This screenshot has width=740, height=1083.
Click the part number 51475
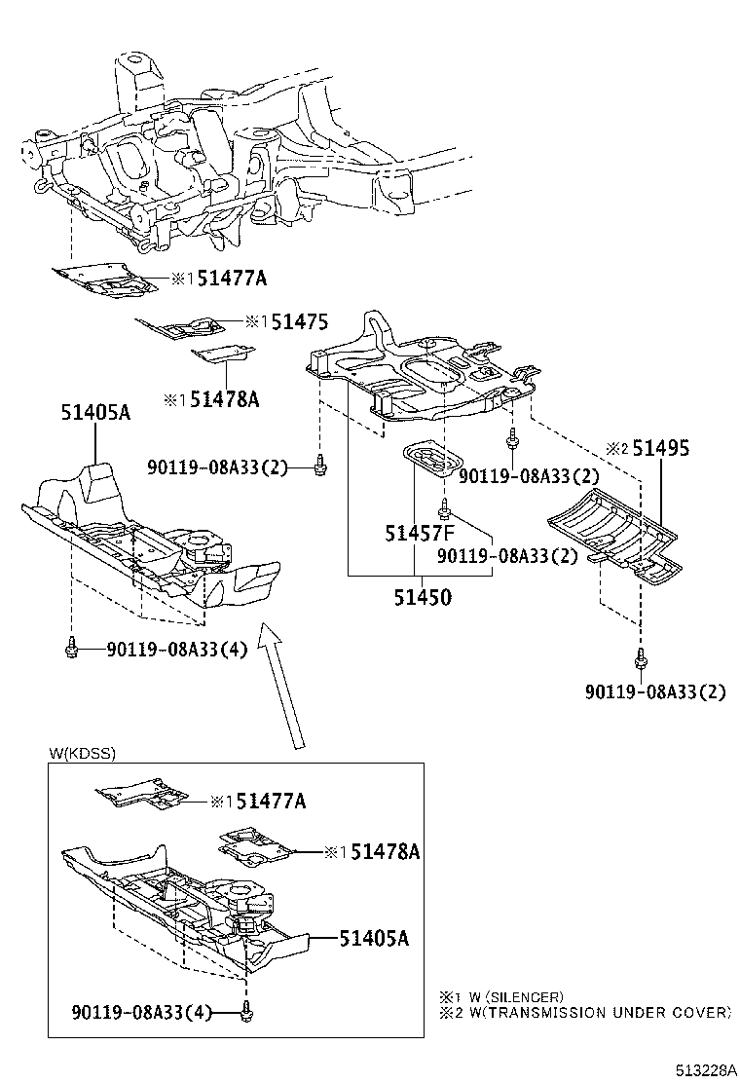coord(299,322)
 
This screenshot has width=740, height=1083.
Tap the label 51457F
coord(420,534)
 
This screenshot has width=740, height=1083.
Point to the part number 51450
coord(423,597)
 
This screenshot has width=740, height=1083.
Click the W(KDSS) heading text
coord(80,753)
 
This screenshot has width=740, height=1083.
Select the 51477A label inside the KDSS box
coord(272,802)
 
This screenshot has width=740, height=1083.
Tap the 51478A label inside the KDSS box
coord(385,852)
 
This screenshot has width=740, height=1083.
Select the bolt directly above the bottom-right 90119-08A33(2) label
coord(641,661)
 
